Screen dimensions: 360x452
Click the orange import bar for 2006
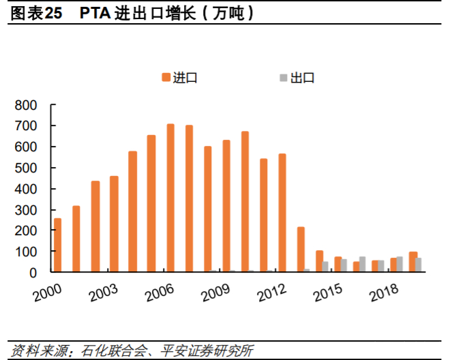coord(170,198)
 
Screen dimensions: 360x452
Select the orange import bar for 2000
coord(58,245)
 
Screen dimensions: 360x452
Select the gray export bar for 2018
coord(400,265)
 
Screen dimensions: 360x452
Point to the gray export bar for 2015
coord(344,266)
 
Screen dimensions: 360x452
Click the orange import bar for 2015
coord(338,264)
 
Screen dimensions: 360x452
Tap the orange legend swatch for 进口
coord(166,78)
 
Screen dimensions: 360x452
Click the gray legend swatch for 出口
coord(283,78)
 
